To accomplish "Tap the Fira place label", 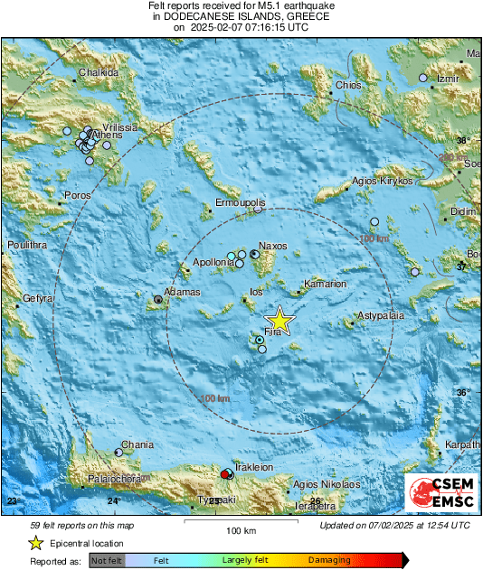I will [275, 333].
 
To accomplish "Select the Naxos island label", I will [272, 246].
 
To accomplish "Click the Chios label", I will [348, 86].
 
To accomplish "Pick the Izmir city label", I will [450, 79].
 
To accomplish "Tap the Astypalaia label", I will [381, 316].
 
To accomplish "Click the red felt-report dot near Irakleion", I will [225, 473].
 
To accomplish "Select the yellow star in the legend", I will [35, 543].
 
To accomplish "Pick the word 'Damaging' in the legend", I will [328, 561].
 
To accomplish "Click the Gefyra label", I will [39, 297].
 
